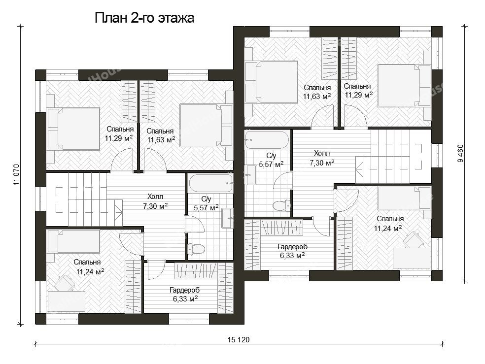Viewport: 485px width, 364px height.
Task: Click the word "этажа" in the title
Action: [x=176, y=18]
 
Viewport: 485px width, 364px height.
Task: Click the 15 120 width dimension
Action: [x=239, y=340]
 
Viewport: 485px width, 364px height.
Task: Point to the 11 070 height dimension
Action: [x=16, y=174]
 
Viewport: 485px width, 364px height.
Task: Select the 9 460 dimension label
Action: [x=461, y=153]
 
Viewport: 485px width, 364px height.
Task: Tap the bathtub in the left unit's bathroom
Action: [x=211, y=183]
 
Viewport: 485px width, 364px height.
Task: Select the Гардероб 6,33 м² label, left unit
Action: [x=185, y=295]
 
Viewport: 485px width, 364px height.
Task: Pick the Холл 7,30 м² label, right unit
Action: [x=322, y=158]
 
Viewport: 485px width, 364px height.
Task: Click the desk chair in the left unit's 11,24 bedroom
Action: [x=65, y=283]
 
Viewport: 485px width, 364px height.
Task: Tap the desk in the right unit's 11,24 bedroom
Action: [x=412, y=258]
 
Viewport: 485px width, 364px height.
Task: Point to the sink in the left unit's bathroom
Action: [x=228, y=218]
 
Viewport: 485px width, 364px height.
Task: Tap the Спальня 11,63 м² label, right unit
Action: [x=317, y=92]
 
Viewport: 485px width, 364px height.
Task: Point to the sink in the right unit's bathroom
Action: [x=250, y=175]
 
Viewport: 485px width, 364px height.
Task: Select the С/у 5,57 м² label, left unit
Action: [x=207, y=203]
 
